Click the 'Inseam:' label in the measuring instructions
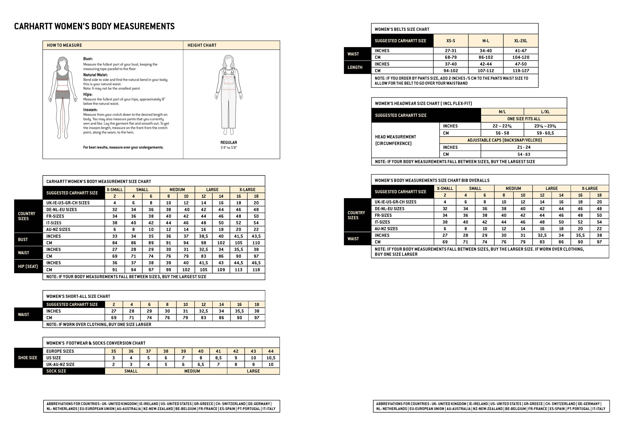tap(90, 110)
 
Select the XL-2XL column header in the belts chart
tap(520, 41)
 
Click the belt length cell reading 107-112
tap(486, 70)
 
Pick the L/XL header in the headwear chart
tap(545, 111)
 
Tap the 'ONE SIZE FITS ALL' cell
tap(524, 119)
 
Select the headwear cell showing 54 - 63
tap(524, 154)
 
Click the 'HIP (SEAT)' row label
tap(28, 266)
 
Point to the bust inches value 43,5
tap(256, 236)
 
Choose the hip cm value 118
tap(256, 270)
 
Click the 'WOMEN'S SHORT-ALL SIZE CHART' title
tap(78, 296)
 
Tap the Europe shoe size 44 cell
tap(271, 351)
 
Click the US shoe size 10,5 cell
tap(271, 358)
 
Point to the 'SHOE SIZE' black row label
tap(28, 358)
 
